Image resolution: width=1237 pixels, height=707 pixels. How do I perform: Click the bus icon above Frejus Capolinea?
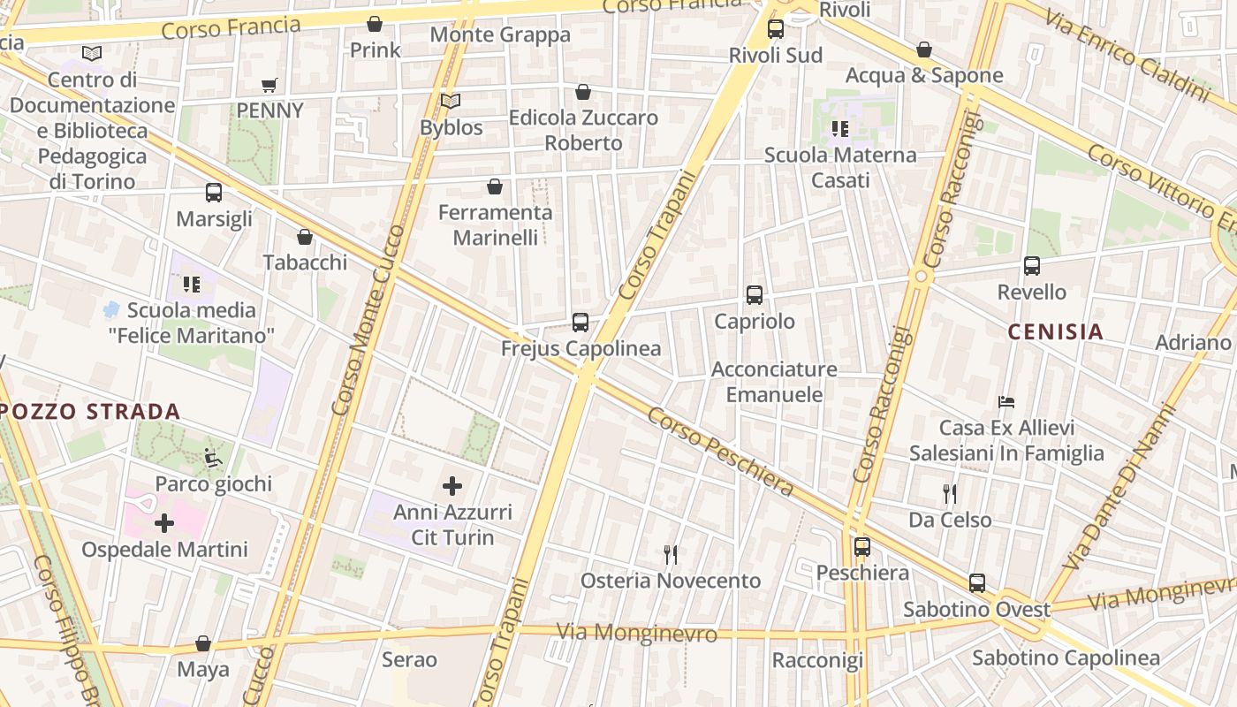(x=581, y=323)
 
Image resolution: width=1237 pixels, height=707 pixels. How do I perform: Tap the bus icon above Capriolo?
(x=754, y=295)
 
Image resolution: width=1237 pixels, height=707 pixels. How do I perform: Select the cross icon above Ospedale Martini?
(x=164, y=523)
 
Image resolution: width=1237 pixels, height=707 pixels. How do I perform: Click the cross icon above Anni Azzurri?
(x=452, y=485)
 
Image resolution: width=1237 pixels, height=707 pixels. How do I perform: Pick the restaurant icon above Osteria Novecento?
(x=671, y=555)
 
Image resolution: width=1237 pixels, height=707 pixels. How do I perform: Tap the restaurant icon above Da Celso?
(x=950, y=493)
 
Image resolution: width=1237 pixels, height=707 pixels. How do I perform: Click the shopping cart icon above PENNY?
(x=269, y=85)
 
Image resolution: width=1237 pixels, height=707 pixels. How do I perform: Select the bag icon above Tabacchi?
(x=305, y=237)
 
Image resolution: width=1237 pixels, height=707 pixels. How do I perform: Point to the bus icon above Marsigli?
(x=214, y=193)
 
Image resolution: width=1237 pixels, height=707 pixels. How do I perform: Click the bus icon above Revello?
(x=1031, y=266)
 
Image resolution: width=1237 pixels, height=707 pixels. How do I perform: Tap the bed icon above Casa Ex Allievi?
(x=1006, y=402)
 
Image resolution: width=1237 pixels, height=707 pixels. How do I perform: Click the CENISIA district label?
(x=1056, y=331)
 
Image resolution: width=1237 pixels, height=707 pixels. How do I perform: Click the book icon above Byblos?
(x=451, y=102)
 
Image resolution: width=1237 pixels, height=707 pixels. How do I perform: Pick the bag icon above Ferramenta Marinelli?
(x=495, y=186)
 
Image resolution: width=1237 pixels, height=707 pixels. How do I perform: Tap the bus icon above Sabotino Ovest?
(x=976, y=583)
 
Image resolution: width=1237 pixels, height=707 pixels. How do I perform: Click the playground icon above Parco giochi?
(x=213, y=458)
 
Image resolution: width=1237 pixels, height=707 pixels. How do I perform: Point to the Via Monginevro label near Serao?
(x=636, y=633)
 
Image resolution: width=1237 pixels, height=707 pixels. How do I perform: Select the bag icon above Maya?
(x=203, y=643)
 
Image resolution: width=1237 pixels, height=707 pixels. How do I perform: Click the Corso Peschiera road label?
(x=720, y=450)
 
